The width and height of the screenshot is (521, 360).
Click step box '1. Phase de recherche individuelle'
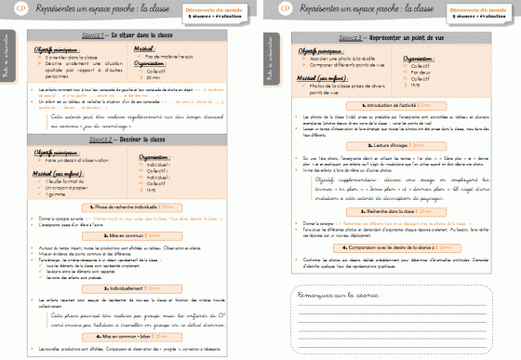[127, 203]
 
